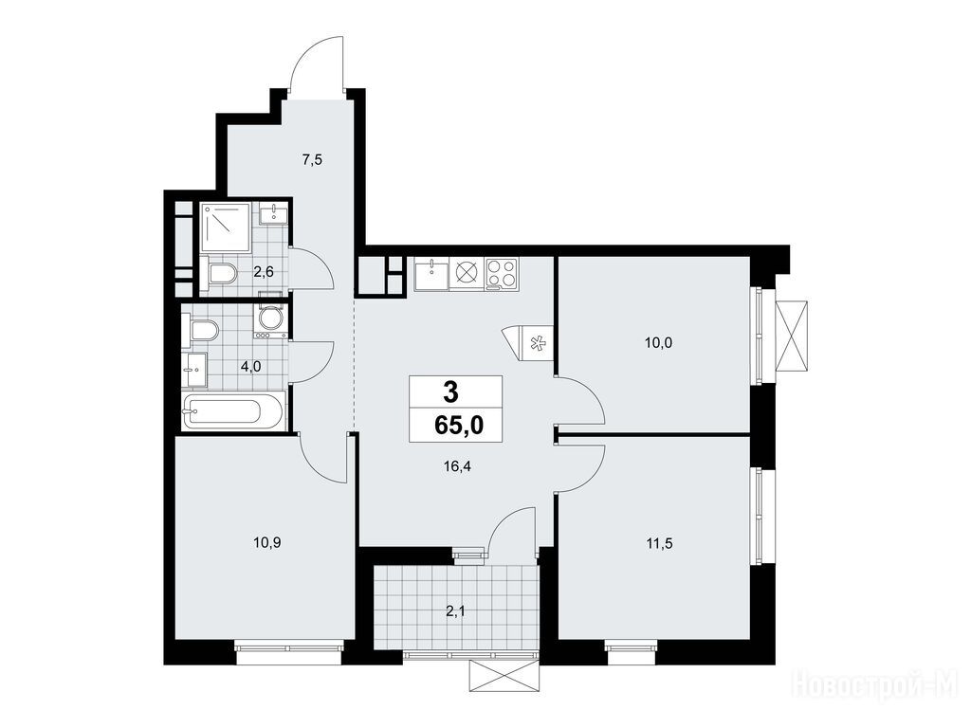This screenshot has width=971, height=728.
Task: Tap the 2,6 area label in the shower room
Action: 264,270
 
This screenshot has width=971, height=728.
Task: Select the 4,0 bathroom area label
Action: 251,366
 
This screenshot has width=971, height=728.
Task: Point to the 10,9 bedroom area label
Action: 265,543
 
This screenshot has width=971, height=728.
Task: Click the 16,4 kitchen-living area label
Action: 458,467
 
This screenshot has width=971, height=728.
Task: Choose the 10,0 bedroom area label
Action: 658,342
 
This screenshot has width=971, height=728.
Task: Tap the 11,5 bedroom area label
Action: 660,543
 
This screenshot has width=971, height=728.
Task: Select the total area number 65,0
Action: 459,426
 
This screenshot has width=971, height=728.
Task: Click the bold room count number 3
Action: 451,391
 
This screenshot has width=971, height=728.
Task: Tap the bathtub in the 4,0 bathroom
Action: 233,411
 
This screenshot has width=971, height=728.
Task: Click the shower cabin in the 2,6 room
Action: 226,227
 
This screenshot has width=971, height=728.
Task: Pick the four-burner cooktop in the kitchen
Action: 501,274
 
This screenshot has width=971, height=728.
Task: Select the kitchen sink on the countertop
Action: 431,274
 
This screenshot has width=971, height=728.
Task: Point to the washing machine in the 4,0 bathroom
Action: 270,319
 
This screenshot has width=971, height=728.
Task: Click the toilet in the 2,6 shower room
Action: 222,273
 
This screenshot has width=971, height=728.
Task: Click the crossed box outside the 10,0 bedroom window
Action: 792,337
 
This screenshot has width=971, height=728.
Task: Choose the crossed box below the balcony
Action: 504,677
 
